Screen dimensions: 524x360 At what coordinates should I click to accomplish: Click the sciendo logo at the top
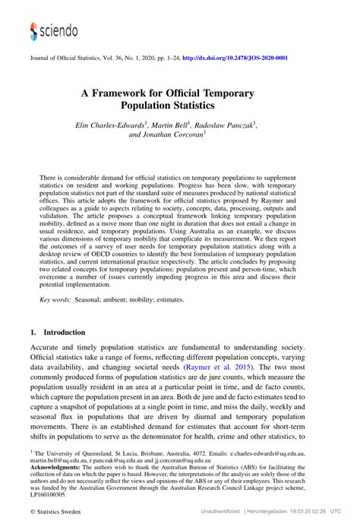pos(53,30)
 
